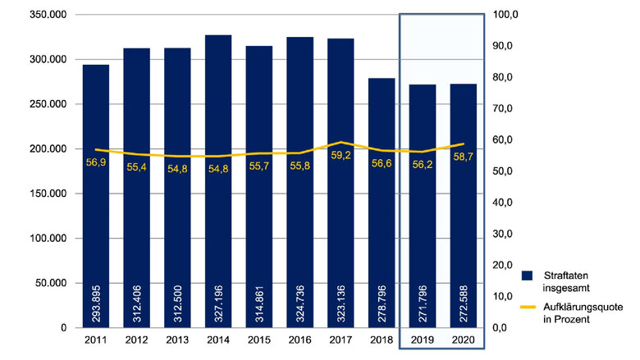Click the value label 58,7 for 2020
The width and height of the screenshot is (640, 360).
tap(464, 155)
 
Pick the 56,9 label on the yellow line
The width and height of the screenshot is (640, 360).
tap(96, 162)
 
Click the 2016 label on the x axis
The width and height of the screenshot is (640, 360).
tap(299, 339)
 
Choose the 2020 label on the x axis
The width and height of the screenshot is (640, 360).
tap(464, 339)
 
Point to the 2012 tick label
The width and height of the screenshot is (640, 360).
tap(136, 339)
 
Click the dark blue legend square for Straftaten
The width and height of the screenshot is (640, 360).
tap(528, 276)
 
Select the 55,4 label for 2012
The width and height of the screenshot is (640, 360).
tap(137, 166)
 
